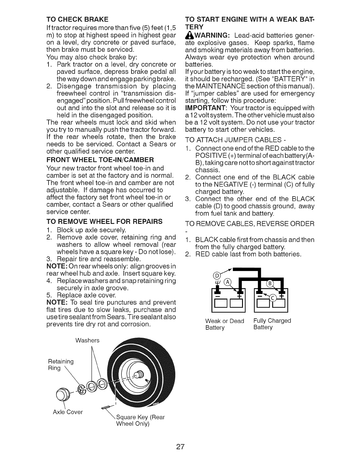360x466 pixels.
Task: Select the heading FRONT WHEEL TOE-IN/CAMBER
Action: click(x=100, y=160)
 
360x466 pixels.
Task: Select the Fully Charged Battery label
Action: click(x=272, y=324)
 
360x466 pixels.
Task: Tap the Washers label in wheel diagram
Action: click(x=87, y=340)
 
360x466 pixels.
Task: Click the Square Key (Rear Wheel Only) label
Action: click(x=141, y=420)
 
